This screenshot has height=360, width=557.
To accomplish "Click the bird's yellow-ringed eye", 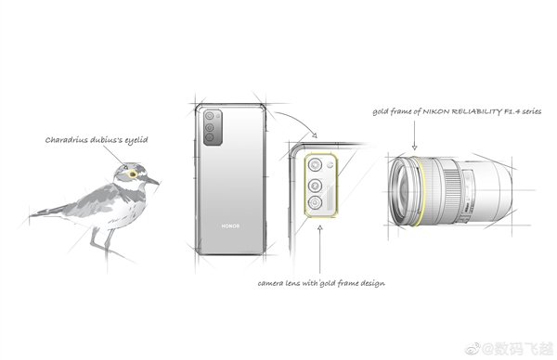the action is [133, 174].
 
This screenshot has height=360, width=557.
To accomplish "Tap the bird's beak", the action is [151, 181].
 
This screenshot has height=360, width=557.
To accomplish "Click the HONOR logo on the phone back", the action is [230, 225].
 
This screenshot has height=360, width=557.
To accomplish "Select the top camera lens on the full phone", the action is [209, 116].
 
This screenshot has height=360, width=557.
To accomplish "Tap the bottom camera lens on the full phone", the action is [209, 136].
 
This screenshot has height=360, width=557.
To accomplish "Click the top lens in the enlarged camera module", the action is [315, 165].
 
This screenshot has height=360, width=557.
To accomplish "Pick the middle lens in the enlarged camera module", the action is [315, 186].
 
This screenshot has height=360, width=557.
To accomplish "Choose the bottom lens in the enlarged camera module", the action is [315, 203].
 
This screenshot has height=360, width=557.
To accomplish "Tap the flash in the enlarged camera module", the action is [330, 164].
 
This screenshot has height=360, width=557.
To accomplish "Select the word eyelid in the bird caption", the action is [136, 140].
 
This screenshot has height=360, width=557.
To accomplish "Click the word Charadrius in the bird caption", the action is [66, 140].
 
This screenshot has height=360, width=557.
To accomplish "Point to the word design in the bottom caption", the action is [372, 283].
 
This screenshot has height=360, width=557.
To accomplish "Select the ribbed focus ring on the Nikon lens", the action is [449, 192].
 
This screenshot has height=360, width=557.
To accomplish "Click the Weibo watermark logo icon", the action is [473, 349].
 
